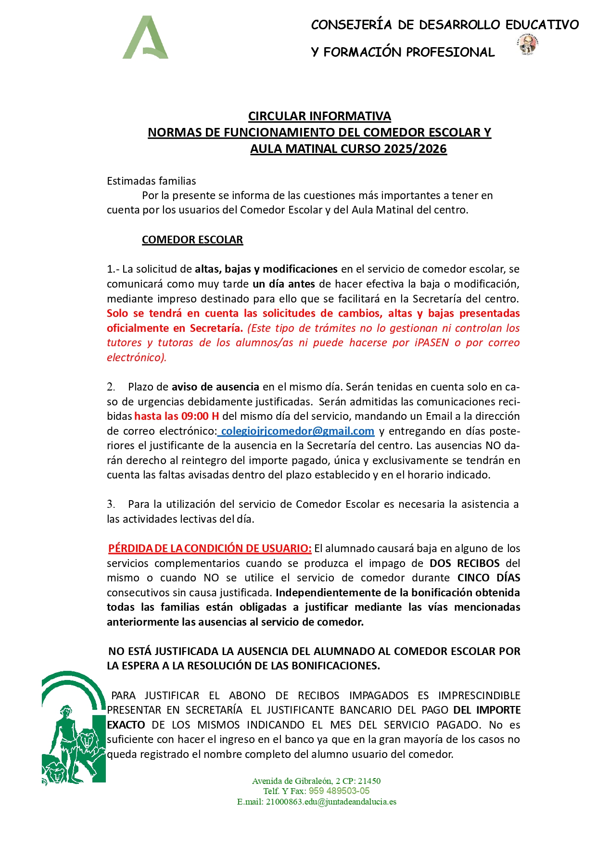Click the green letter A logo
(x=145, y=38)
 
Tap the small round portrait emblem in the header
(x=528, y=45)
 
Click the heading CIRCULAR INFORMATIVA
(x=319, y=116)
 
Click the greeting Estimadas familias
(x=151, y=181)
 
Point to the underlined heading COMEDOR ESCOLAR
(x=192, y=239)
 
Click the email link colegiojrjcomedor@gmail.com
(x=297, y=431)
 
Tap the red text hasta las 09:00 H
(x=177, y=416)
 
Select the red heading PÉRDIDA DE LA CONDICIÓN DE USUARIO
(x=210, y=548)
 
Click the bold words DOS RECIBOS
(x=464, y=563)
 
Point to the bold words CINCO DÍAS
(x=488, y=578)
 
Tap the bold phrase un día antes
(x=284, y=284)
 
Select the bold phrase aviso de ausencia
(x=216, y=387)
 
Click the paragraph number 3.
(x=111, y=504)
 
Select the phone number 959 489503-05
(x=339, y=791)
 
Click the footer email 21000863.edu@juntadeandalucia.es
(x=331, y=802)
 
